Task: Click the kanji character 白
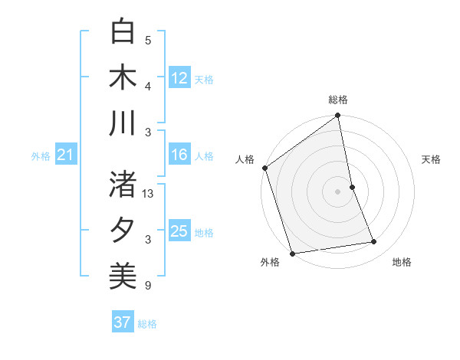pyautogui.click(x=123, y=32)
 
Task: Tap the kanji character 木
pyautogui.click(x=123, y=77)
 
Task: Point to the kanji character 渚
pyautogui.click(x=123, y=184)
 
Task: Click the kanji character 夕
pyautogui.click(x=123, y=230)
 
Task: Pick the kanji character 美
pyautogui.click(x=123, y=276)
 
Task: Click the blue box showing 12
pyautogui.click(x=179, y=78)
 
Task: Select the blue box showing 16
pyautogui.click(x=179, y=155)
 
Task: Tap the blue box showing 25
pyautogui.click(x=179, y=232)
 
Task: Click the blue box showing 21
pyautogui.click(x=65, y=155)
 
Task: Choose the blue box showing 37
pyautogui.click(x=123, y=322)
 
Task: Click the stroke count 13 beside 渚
pyautogui.click(x=149, y=194)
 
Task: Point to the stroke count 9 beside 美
pyautogui.click(x=148, y=286)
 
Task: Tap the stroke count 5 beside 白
pyautogui.click(x=148, y=41)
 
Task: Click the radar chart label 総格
pyautogui.click(x=338, y=100)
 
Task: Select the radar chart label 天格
pyautogui.click(x=431, y=159)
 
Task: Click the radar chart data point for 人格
pyautogui.click(x=264, y=168)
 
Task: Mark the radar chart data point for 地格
pyautogui.click(x=374, y=242)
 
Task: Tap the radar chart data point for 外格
pyautogui.click(x=292, y=254)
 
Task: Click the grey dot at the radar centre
pyautogui.click(x=338, y=191)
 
